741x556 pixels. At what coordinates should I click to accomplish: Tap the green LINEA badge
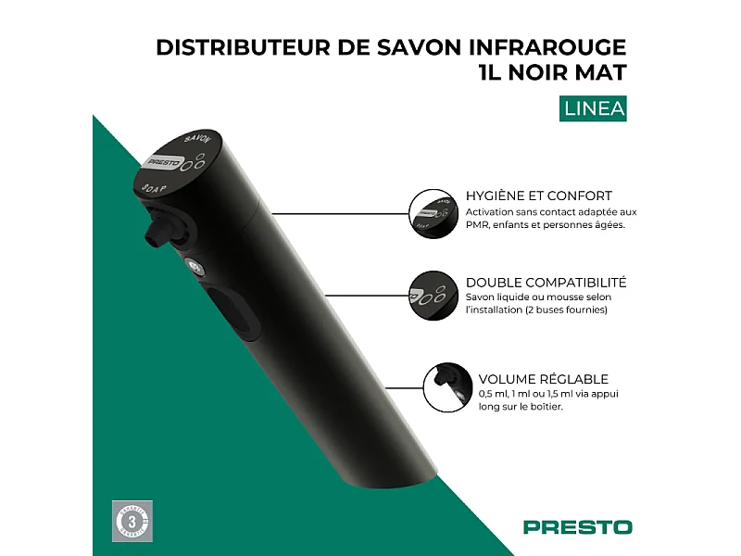595,108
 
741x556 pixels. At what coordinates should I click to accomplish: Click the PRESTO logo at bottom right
577,527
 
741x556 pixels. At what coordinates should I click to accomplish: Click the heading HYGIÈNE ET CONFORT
538,196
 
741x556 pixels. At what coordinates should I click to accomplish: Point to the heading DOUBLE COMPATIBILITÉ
546,282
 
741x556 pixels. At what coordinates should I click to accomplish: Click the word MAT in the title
598,73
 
